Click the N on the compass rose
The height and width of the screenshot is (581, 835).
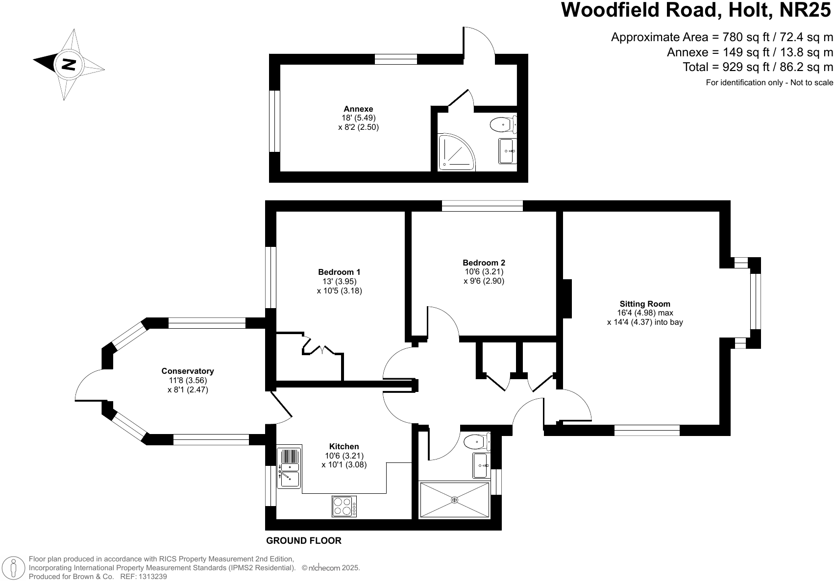[x=68, y=64]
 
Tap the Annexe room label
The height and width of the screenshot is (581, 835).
[x=358, y=109]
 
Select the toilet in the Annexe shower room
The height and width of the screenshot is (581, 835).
[x=501, y=124]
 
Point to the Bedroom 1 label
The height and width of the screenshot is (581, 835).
[x=339, y=272]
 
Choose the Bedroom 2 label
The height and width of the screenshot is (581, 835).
[x=484, y=263]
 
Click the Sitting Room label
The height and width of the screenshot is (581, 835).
[x=645, y=304]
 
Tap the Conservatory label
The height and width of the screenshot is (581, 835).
[x=188, y=371]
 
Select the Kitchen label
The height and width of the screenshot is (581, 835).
[x=344, y=446]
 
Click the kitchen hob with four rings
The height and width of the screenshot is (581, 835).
[x=344, y=506]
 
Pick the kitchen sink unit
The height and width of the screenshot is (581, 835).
[x=289, y=468]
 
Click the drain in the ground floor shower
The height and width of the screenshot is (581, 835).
[x=454, y=500]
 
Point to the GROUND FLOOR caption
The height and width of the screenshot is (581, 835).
[x=304, y=541]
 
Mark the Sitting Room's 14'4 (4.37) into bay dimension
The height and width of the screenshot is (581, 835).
[x=645, y=322]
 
